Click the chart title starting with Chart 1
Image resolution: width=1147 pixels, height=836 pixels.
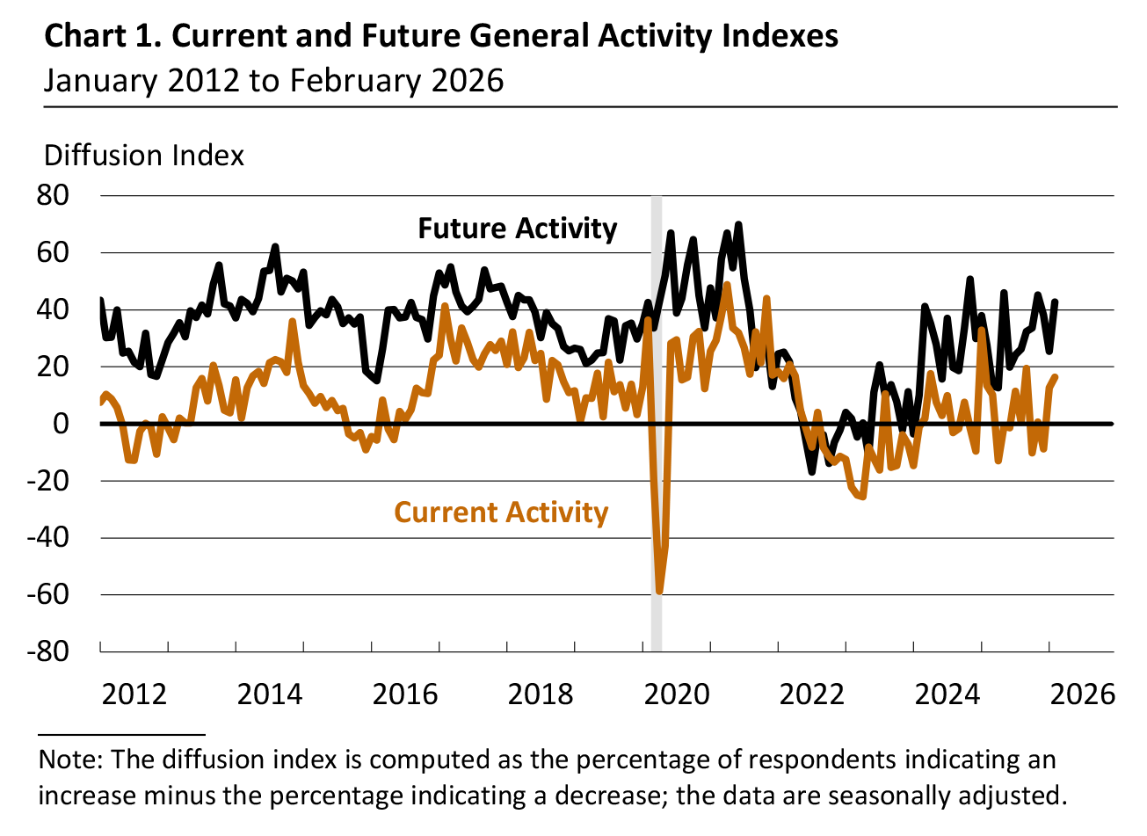(x=440, y=36)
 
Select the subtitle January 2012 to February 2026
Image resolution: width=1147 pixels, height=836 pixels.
(x=273, y=81)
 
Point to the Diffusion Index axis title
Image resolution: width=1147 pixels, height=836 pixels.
(x=144, y=156)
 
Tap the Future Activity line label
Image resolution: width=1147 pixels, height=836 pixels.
(x=517, y=229)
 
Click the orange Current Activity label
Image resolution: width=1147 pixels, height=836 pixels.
(x=501, y=513)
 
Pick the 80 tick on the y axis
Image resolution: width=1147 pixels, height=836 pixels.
(x=52, y=195)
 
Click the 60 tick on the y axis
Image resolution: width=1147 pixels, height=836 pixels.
(x=52, y=252)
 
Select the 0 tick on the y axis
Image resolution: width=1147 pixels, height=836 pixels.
(x=61, y=424)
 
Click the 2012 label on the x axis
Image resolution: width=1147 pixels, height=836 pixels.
(x=134, y=694)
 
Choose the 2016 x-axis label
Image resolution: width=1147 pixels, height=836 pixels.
(x=405, y=694)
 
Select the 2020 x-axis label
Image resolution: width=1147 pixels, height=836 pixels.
(x=677, y=694)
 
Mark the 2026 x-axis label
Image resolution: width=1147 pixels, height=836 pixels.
(x=1083, y=694)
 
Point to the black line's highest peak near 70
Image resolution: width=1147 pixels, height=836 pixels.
(x=738, y=224)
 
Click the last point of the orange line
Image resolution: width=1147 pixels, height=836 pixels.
(x=1055, y=377)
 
